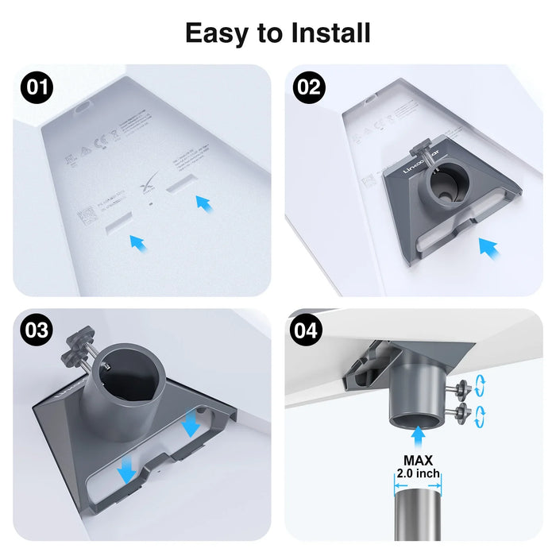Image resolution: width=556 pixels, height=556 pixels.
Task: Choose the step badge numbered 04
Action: pos(309,330)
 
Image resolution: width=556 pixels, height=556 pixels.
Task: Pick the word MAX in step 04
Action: pos(417,460)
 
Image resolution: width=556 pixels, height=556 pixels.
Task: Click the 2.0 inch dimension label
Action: pos(418,474)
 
